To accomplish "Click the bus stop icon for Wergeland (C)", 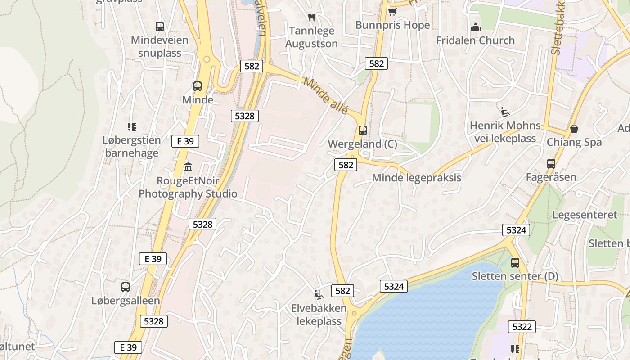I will [362, 130].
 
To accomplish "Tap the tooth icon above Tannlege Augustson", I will [311, 17].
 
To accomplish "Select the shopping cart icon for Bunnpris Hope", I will [392, 11].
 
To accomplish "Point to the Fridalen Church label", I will [475, 40].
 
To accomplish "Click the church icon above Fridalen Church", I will [476, 27].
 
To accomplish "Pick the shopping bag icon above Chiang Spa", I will [574, 129].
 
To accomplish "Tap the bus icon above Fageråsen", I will [551, 164].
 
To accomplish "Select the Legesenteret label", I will [585, 215].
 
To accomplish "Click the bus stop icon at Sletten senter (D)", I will [515, 262].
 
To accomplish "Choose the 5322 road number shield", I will [522, 326].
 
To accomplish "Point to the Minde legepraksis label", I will [416, 178].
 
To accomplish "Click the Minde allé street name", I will [325, 96].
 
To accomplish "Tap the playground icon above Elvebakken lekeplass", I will [319, 295].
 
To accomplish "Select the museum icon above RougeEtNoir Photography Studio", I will [188, 167].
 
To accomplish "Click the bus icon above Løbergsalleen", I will [126, 287].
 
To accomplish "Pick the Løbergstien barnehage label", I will [131, 146].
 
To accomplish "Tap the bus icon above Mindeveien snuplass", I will [159, 26].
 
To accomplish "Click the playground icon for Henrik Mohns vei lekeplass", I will [505, 112].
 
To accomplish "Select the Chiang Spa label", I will [574, 142].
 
